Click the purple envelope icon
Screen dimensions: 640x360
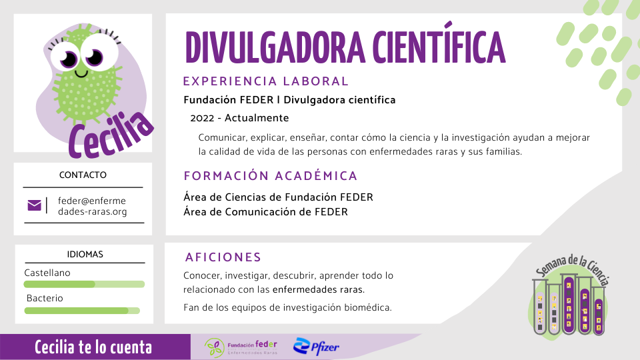coord(34,205)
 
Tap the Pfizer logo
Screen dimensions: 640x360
coord(316,347)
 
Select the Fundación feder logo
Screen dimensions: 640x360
coord(241,347)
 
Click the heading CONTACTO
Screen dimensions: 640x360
coord(83,175)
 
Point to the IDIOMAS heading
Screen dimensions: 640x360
coord(85,254)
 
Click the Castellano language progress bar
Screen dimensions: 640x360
coord(84,284)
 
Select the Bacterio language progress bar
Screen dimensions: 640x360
coord(82,311)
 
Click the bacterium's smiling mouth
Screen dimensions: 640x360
coord(81,74)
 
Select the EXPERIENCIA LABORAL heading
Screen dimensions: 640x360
coord(266,81)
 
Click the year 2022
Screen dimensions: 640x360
coord(202,119)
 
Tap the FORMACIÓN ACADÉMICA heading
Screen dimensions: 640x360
coord(271,176)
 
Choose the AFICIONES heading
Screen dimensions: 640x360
coord(223,257)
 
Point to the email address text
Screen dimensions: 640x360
coord(92,206)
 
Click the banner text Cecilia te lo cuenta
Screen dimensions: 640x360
coord(93,347)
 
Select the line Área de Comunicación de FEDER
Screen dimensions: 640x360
coord(266,212)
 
